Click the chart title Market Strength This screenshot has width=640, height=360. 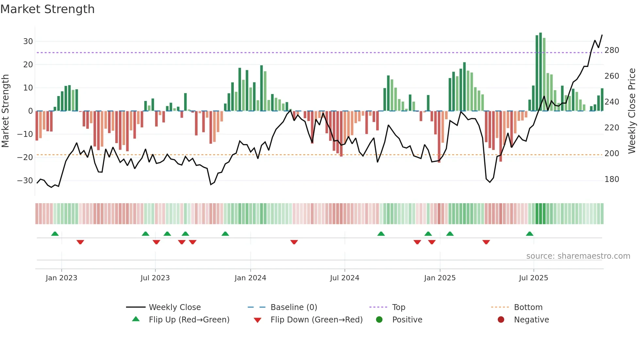[47, 9]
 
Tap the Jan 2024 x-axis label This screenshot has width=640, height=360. [250, 278]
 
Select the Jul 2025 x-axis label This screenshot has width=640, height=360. [533, 278]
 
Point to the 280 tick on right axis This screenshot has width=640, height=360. [612, 50]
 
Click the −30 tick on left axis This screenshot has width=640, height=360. [25, 181]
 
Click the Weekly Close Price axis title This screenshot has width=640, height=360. [632, 111]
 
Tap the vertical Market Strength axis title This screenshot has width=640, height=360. [6, 111]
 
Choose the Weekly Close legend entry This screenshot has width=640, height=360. [175, 307]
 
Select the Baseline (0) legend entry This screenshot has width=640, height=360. [294, 307]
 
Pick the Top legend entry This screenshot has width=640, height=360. [398, 307]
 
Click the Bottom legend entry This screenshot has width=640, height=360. [528, 307]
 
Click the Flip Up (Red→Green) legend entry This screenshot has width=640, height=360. [189, 320]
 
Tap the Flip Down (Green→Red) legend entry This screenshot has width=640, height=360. [316, 320]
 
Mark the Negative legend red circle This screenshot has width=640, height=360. [501, 320]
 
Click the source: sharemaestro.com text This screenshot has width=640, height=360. [578, 256]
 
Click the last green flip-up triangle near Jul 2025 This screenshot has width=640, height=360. [530, 234]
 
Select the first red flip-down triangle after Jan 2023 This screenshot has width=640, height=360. [80, 242]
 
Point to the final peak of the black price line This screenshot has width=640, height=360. [602, 35]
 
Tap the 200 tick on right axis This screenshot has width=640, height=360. [612, 154]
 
